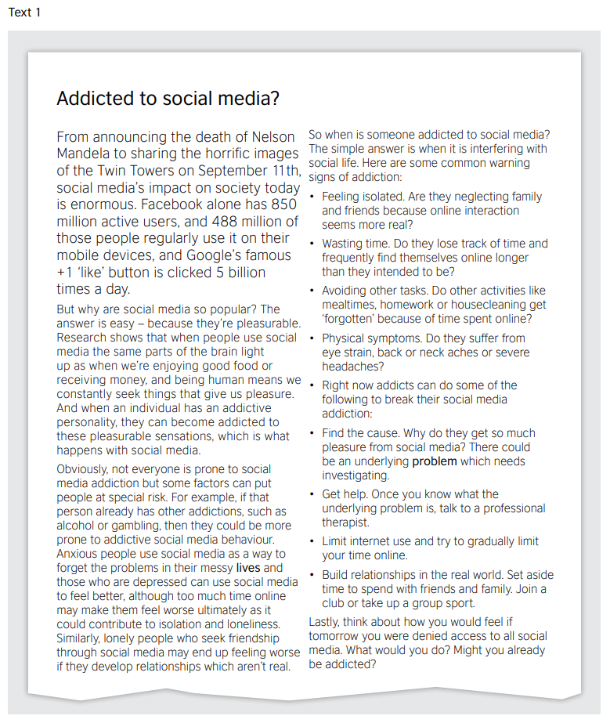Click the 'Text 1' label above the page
24,13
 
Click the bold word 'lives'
248,567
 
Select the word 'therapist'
345,522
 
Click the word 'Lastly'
327,622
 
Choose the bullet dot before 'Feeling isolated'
312,197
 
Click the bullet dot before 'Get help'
312,495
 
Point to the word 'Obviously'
85,469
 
